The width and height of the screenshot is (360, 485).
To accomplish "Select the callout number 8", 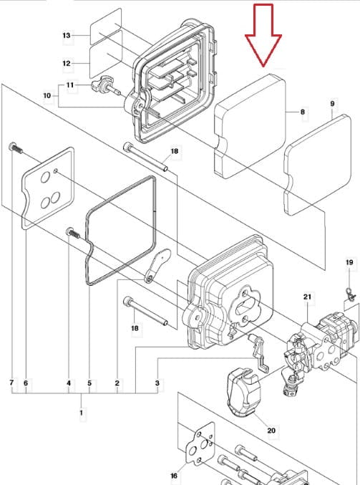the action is click(x=303, y=112).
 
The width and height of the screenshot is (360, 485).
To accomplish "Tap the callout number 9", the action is click(x=333, y=103).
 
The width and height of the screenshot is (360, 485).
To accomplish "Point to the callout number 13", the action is click(x=67, y=35).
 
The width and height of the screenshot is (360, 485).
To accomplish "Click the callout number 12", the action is click(x=67, y=64).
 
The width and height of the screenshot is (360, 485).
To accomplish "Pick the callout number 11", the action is click(x=70, y=85).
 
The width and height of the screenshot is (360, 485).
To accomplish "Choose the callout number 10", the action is click(x=47, y=95).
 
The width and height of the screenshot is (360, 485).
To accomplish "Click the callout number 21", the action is click(x=307, y=297).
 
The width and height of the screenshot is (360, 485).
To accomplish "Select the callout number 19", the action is click(x=349, y=262).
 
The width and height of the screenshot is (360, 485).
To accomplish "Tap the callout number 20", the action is click(x=271, y=431).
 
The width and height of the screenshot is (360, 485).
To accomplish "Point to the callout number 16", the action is click(x=174, y=476).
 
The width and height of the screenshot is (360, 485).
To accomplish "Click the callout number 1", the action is click(x=82, y=413).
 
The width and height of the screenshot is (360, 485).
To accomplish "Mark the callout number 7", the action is click(x=11, y=383).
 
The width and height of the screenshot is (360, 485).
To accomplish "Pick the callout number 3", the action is click(x=157, y=383).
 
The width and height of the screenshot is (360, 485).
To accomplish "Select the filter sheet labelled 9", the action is click(x=318, y=165).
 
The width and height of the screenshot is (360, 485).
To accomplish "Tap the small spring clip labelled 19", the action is click(x=351, y=294).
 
